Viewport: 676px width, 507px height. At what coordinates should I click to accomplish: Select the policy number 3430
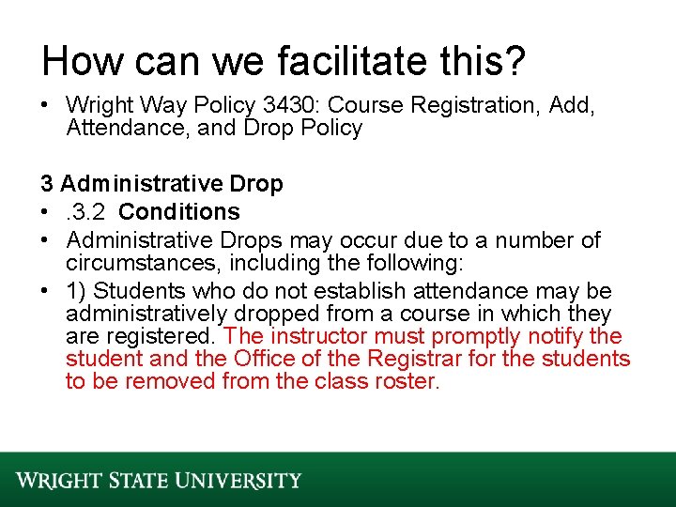(284, 105)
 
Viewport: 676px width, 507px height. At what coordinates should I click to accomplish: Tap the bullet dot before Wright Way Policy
(45, 105)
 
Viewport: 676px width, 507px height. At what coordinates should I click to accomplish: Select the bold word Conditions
(179, 212)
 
